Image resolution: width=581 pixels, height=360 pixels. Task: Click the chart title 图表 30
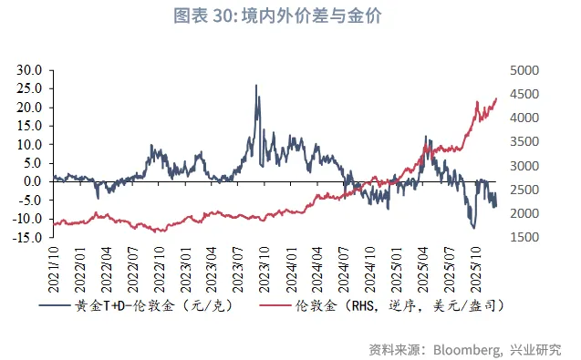point(290,15)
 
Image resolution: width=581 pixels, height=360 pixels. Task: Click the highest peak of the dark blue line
point(255,86)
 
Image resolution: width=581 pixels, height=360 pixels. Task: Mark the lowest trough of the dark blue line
point(473,227)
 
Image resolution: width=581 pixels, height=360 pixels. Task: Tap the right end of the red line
point(496,98)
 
